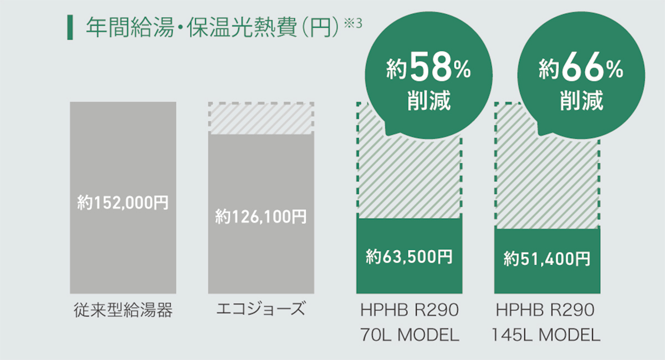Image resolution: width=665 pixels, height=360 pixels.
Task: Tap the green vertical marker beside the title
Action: pyautogui.click(x=69, y=28)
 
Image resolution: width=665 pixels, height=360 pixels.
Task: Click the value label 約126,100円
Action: pyautogui.click(x=261, y=217)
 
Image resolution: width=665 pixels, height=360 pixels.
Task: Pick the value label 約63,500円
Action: pyautogui.click(x=409, y=256)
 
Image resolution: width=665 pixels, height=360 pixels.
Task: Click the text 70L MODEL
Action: pyautogui.click(x=409, y=335)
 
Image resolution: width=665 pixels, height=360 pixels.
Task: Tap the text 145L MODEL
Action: pyautogui.click(x=547, y=335)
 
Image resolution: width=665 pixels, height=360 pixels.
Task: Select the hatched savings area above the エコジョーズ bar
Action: pyautogui.click(x=261, y=118)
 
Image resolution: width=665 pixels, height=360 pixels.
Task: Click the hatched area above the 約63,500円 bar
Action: pyautogui.click(x=409, y=177)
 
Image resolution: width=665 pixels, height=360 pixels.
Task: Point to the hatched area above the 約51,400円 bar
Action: pyautogui.click(x=547, y=183)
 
